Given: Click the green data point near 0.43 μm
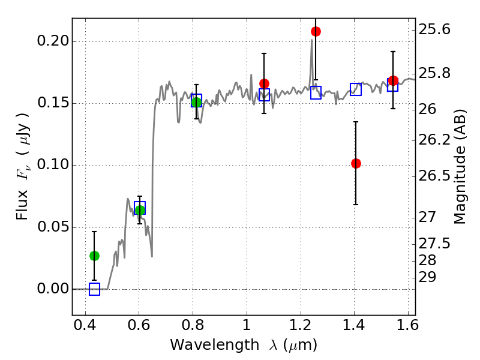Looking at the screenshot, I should tap(94, 256).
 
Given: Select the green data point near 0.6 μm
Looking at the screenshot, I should tap(140, 210).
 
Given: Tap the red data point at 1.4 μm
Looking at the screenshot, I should tap(356, 163).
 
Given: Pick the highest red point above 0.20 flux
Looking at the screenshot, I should tap(316, 31).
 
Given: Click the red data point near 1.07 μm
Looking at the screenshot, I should tap(264, 83).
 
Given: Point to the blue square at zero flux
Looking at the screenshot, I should tap(94, 289).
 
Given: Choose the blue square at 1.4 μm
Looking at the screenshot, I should tap(356, 89).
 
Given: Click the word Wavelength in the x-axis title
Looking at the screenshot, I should tap(205, 345).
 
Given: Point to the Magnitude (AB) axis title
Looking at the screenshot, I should tap(461, 166).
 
